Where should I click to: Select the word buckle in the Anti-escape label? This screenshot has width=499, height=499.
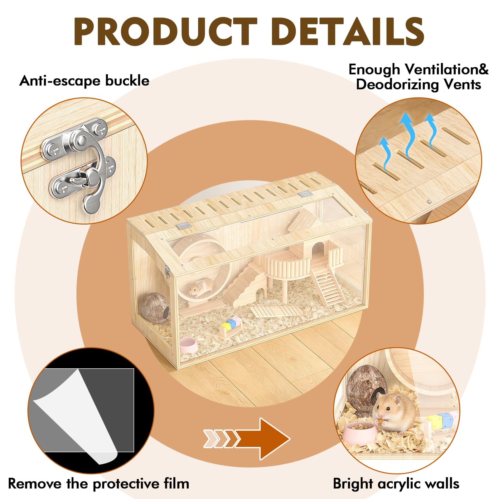click(x=127, y=81)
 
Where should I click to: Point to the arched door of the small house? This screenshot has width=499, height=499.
click(x=318, y=249)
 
